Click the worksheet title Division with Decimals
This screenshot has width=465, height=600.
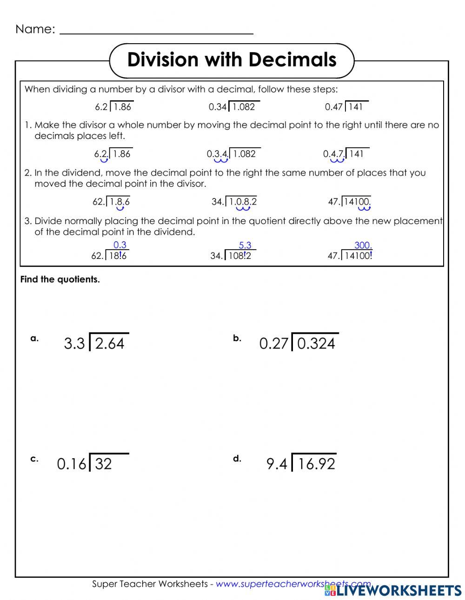tap(232, 60)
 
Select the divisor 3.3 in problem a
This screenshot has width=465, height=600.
tap(74, 343)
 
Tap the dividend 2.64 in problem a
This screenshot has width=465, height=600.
tap(110, 343)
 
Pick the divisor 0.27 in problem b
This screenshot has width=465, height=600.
tap(273, 343)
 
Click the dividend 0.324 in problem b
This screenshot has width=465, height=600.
tap(316, 343)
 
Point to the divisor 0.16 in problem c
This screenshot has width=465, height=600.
tap(71, 464)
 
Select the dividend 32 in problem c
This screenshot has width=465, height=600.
tap(103, 464)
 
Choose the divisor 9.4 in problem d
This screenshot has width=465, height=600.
tap(277, 464)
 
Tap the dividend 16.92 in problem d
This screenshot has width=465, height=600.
tap(316, 464)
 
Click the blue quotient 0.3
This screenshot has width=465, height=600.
tap(120, 245)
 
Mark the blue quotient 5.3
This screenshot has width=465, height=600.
tap(245, 245)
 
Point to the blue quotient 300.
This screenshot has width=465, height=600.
tap(363, 245)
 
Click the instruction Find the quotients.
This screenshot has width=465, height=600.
tap(60, 280)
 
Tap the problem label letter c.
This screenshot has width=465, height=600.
tap(34, 459)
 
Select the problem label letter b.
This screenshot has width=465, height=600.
tap(237, 338)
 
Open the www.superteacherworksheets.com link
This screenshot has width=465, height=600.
tap(293, 584)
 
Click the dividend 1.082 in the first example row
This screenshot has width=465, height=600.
tap(244, 107)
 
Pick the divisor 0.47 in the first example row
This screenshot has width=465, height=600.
tap(333, 107)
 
